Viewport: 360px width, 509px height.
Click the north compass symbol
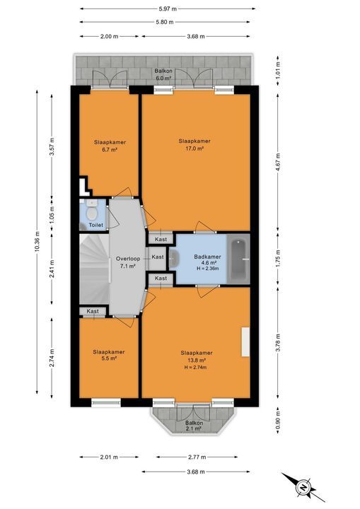coord(302,486)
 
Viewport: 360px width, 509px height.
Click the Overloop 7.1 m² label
coord(128,263)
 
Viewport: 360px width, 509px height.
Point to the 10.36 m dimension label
coord(35,243)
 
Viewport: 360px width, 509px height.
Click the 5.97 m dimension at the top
coord(167,9)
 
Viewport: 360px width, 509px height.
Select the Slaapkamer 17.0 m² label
coord(194,145)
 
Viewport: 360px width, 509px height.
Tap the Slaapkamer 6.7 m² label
coord(109,146)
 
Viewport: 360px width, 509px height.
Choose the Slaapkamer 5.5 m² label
coord(109,355)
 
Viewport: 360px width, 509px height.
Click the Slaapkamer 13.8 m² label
coord(197,360)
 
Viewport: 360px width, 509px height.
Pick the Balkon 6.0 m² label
coord(163,75)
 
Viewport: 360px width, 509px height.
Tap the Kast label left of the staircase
coord(93,311)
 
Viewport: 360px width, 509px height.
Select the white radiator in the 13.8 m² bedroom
coord(245,343)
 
